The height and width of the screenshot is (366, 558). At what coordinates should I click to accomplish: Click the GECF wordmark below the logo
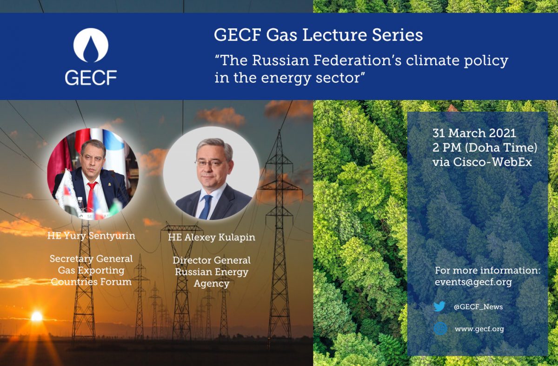pyautogui.click(x=91, y=78)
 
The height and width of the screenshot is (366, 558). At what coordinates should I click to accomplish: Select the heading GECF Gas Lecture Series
pyautogui.click(x=319, y=35)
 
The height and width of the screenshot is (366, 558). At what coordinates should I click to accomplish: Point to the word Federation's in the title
pyautogui.click(x=358, y=60)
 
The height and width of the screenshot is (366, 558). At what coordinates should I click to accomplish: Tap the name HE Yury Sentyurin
pyautogui.click(x=91, y=236)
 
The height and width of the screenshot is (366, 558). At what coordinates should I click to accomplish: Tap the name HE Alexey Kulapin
pyautogui.click(x=212, y=237)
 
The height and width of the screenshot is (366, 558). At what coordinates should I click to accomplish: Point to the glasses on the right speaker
pyautogui.click(x=211, y=164)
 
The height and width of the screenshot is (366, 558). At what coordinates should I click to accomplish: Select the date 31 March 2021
pyautogui.click(x=474, y=133)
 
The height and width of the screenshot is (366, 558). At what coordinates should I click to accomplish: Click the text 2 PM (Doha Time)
pyautogui.click(x=485, y=147)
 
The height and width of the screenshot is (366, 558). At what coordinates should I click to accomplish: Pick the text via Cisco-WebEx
pyautogui.click(x=482, y=162)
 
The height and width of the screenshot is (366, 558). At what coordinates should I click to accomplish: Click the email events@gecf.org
pyautogui.click(x=473, y=282)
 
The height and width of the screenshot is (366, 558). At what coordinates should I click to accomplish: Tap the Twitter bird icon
pyautogui.click(x=439, y=306)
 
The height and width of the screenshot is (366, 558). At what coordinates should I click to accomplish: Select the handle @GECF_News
pyautogui.click(x=478, y=306)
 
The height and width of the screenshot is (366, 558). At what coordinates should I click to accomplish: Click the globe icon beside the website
pyautogui.click(x=440, y=329)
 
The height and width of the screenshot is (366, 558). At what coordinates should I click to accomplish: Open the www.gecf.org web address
pyautogui.click(x=479, y=329)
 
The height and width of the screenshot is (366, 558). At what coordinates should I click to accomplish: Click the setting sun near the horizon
pyautogui.click(x=37, y=316)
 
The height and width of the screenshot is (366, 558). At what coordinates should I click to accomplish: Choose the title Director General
pyautogui.click(x=212, y=260)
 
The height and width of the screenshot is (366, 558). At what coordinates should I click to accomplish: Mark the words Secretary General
pyautogui.click(x=91, y=259)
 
